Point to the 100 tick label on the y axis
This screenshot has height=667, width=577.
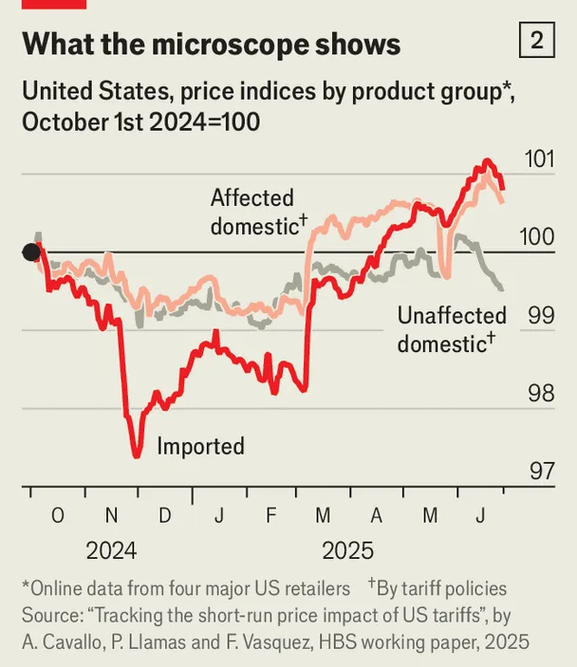pos(539,237)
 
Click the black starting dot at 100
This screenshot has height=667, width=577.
pos(31,252)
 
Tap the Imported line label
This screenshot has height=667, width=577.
pos(200,446)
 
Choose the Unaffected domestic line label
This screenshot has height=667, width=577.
pos(452,328)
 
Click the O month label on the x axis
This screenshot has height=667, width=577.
pos(57,516)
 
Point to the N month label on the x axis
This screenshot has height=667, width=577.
pos(111,516)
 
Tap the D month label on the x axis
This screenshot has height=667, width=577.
pos(164,516)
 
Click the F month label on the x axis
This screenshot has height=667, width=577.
pos(271,516)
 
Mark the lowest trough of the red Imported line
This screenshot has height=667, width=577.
pos(137,455)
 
